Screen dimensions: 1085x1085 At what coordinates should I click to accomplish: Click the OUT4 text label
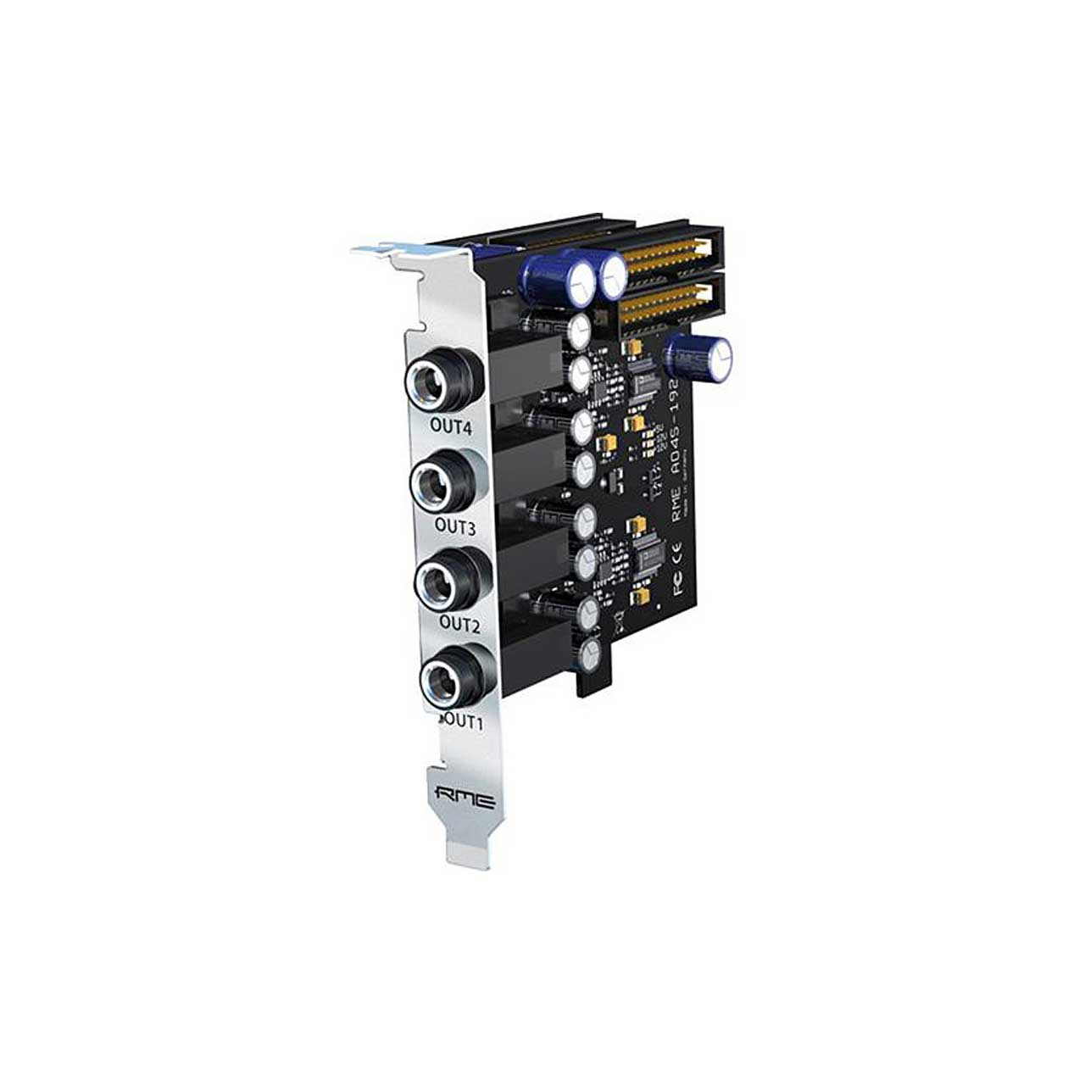point(450,427)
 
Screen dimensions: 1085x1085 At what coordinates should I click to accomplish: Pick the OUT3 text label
point(456,526)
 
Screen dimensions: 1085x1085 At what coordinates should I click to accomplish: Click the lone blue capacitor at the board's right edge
point(701,357)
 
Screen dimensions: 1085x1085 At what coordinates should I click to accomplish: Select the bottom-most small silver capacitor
point(589,651)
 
